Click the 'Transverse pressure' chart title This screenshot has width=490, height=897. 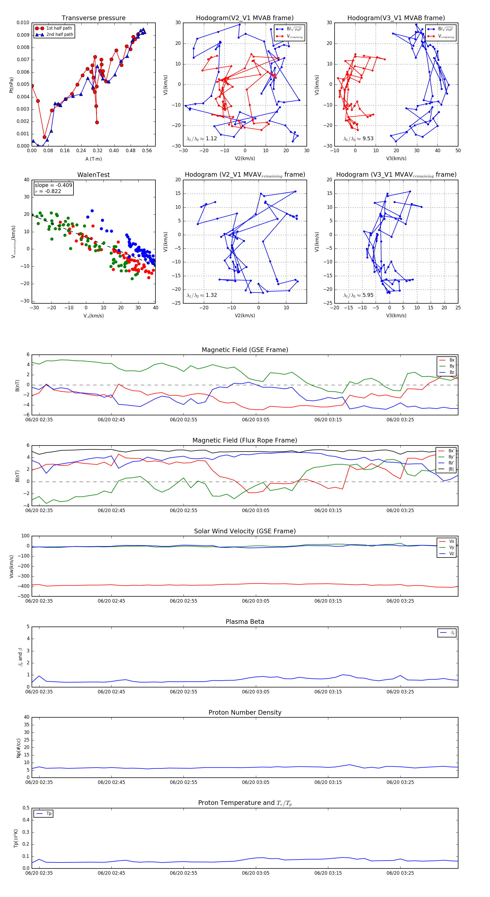(93, 18)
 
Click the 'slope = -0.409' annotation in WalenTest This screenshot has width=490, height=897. (53, 185)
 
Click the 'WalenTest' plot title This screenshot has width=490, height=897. (93, 175)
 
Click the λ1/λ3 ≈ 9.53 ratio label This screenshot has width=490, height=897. (358, 139)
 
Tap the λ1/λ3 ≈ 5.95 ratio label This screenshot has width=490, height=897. (358, 295)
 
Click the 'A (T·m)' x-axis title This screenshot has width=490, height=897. (93, 159)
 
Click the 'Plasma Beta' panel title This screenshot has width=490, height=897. (245, 622)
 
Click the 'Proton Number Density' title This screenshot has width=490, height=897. (245, 712)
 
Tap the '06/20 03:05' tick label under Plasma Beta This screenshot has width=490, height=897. (256, 692)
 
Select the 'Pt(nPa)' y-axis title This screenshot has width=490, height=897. (11, 85)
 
